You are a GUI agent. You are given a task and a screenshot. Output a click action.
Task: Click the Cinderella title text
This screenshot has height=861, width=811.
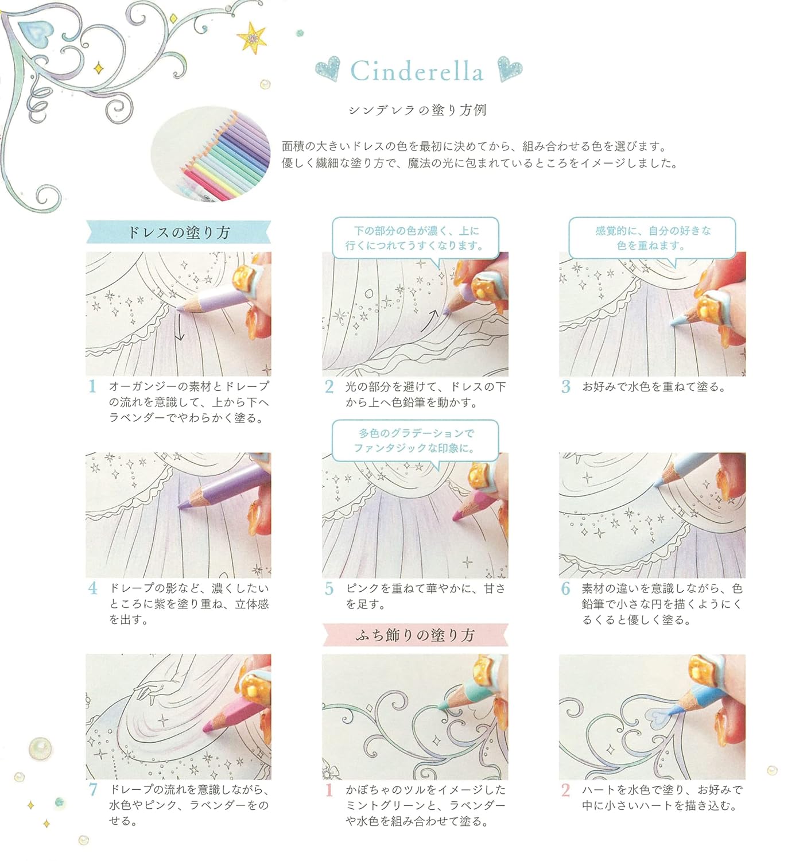(417, 72)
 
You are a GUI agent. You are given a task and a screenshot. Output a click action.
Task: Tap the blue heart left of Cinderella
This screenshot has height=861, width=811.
(327, 69)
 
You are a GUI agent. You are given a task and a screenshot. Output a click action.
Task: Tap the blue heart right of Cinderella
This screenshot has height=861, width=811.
(509, 69)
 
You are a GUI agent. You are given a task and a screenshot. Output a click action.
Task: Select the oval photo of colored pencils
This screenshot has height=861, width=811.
(211, 156)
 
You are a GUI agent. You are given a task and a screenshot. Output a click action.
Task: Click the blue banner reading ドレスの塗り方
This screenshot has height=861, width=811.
(178, 232)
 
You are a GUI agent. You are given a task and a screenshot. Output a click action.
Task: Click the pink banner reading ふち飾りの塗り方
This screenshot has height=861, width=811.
(414, 635)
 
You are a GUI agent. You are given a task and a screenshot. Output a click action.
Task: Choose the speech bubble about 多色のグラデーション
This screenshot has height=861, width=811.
(414, 440)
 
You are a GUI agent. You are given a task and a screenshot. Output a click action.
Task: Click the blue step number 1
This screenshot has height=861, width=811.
(92, 386)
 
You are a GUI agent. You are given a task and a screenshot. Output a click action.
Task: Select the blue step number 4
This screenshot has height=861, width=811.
(92, 588)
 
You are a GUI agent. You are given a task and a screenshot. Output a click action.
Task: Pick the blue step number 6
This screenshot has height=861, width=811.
(565, 588)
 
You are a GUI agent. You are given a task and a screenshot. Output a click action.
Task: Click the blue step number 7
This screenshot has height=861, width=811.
(93, 790)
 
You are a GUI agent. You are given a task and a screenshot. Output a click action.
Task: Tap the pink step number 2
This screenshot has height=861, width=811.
(565, 790)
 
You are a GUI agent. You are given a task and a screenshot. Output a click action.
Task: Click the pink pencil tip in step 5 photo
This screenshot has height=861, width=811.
(456, 517)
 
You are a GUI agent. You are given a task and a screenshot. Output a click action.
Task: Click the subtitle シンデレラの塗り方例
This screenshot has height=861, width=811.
(417, 110)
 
